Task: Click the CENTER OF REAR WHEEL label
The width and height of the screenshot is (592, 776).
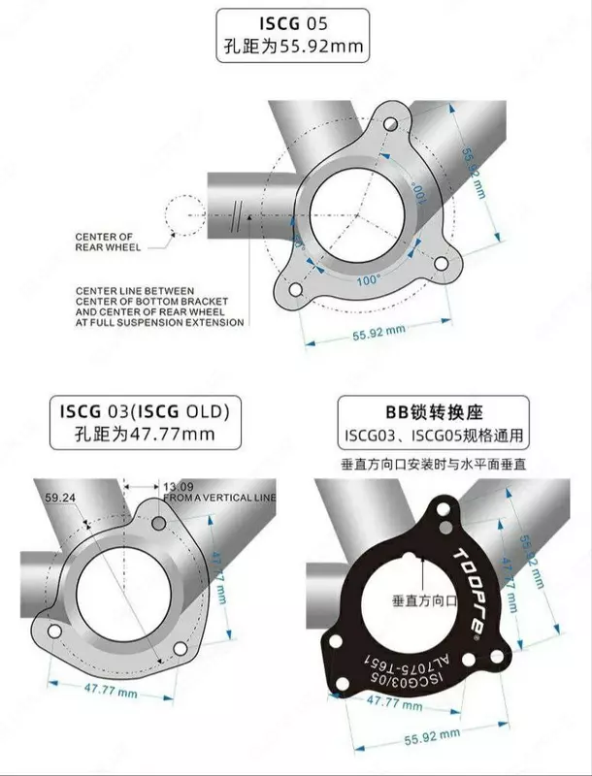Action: coord(107,242)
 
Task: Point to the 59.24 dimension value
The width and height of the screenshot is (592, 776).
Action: coord(59,497)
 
